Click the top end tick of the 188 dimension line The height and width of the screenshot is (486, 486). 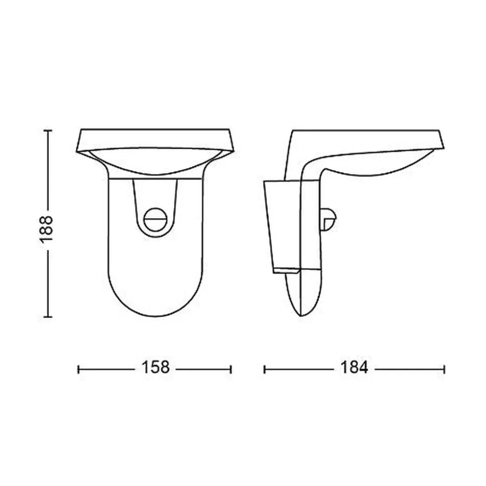48,130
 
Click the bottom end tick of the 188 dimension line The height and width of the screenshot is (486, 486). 48,317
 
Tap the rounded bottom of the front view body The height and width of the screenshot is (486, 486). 154,299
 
